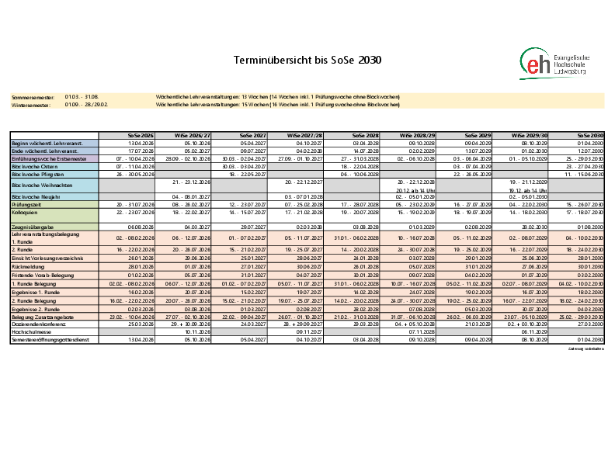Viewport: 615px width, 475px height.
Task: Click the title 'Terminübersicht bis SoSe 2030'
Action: pos(307,60)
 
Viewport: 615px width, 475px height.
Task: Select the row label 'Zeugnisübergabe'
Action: pos(30,227)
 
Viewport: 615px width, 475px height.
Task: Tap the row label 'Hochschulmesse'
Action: pos(30,331)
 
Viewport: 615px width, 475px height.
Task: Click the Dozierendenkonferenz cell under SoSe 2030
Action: pos(589,324)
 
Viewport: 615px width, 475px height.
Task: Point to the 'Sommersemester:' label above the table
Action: pos(30,97)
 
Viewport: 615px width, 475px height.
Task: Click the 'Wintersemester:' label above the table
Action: pos(30,104)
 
